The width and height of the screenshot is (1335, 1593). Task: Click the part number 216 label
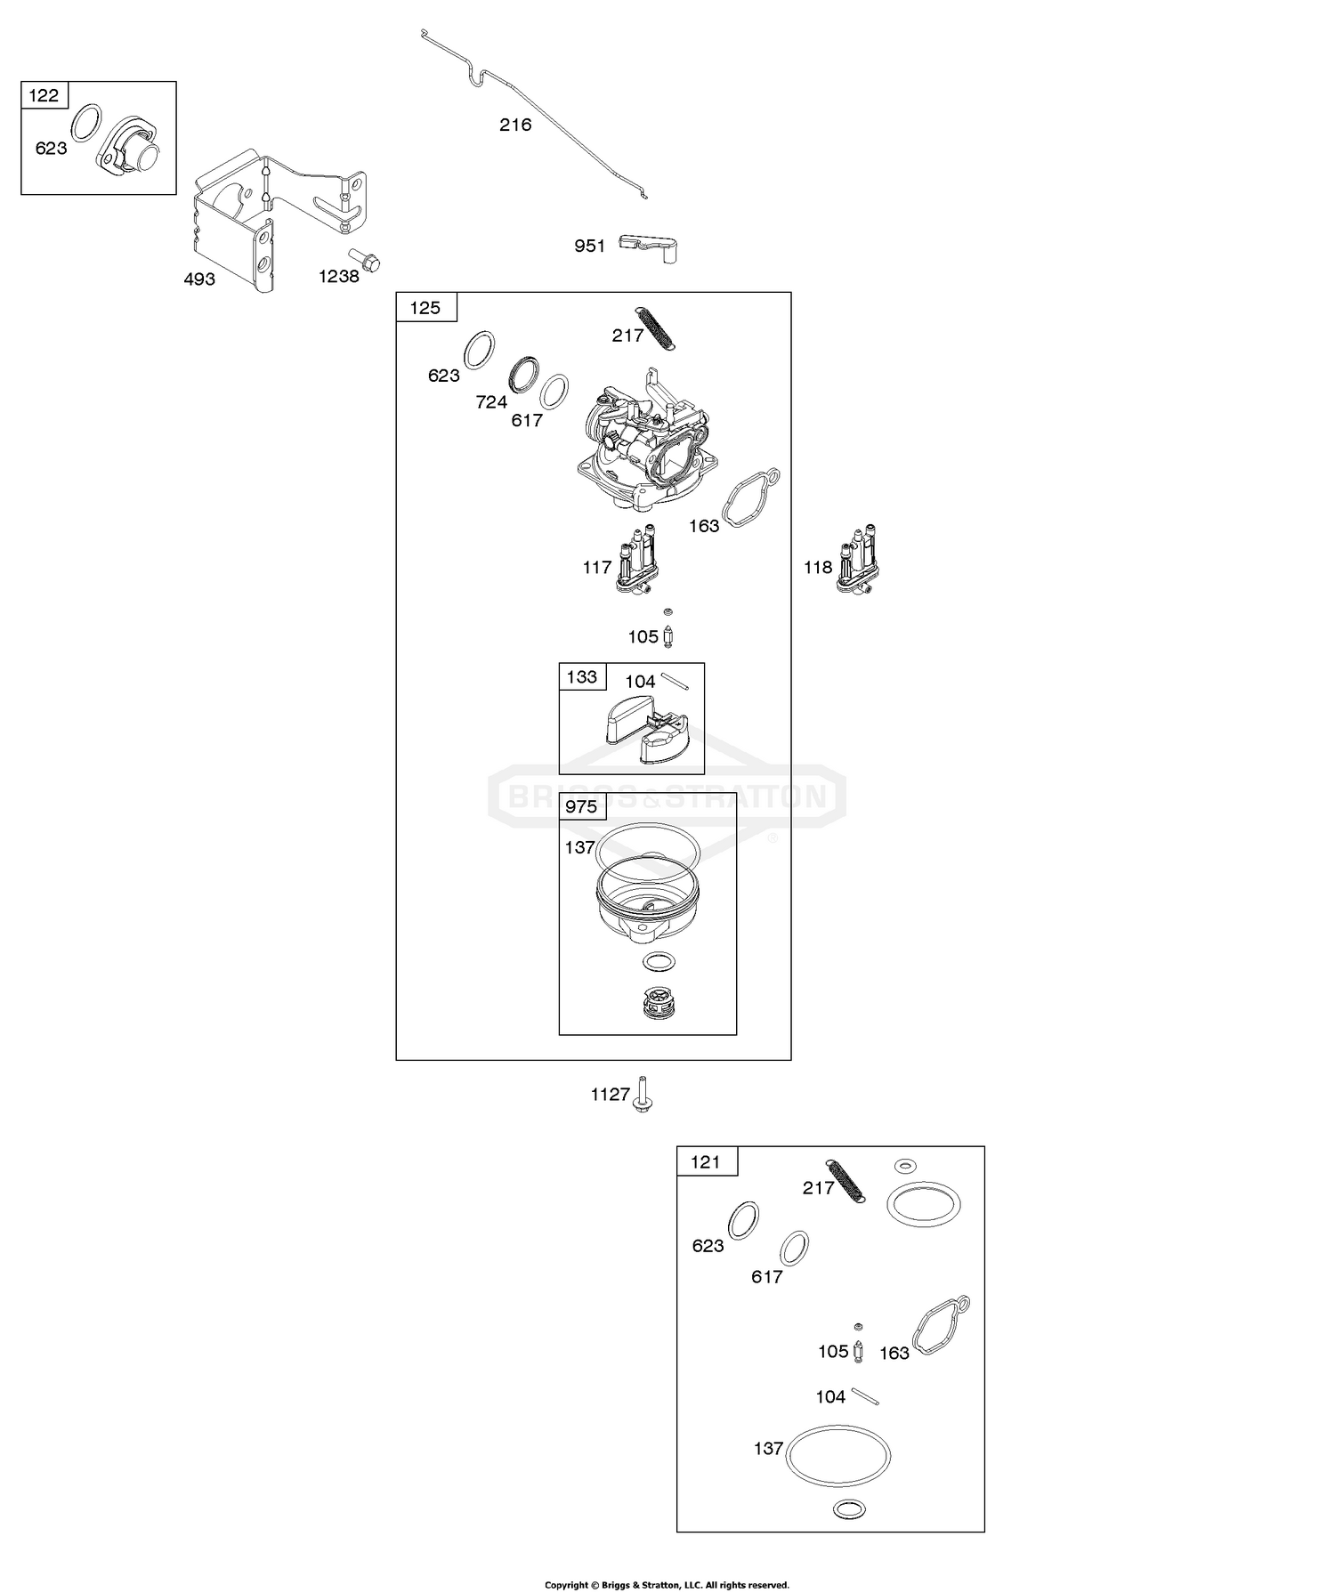(x=515, y=125)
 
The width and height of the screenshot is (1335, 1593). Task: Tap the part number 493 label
(x=199, y=279)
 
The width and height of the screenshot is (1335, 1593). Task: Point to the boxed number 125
(x=425, y=308)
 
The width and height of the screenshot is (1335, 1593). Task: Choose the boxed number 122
(x=44, y=95)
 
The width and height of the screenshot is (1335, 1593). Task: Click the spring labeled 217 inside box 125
(x=657, y=327)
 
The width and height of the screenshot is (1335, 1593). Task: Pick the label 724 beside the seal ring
(x=491, y=402)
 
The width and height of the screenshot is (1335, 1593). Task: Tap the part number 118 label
(x=818, y=568)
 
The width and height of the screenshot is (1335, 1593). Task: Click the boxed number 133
(x=582, y=677)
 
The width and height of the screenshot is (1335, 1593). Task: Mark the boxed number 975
(x=582, y=807)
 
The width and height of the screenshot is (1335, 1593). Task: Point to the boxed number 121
(x=706, y=1162)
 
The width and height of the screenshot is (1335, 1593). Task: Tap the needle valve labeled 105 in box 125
(x=668, y=637)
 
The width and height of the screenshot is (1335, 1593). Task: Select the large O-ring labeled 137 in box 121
(x=838, y=1455)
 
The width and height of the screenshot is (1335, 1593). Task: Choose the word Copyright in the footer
(x=567, y=1585)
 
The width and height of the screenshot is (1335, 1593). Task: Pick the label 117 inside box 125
(x=597, y=568)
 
